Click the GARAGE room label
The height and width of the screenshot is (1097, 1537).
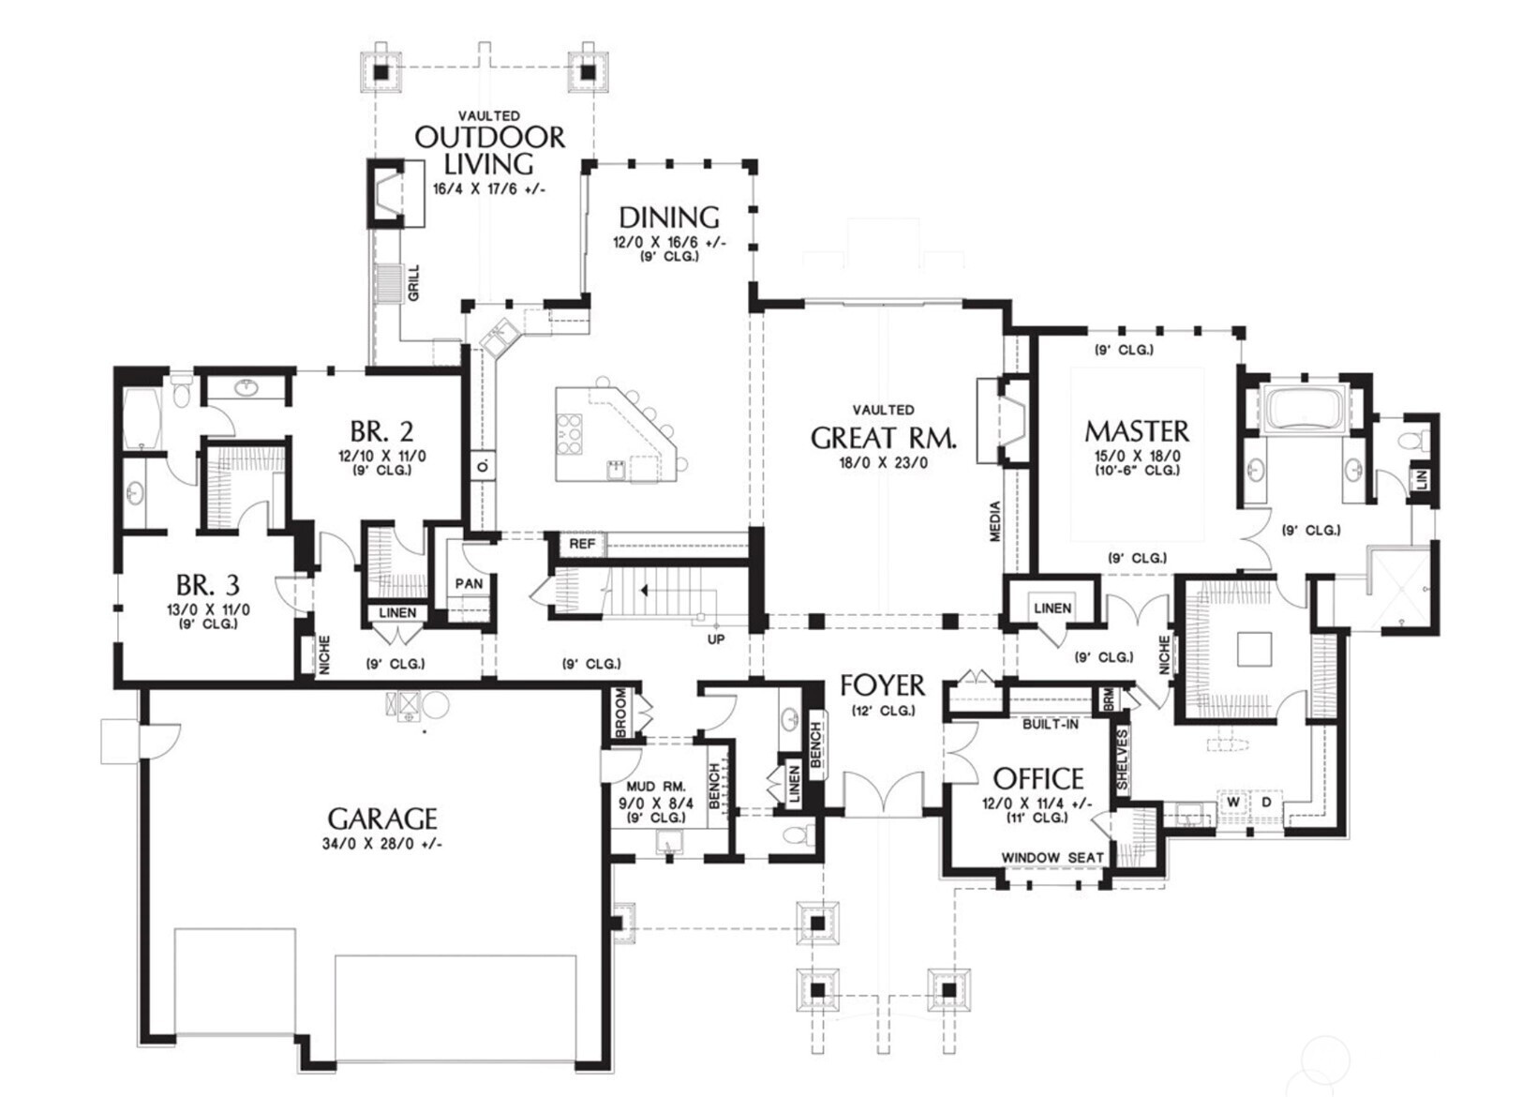382,819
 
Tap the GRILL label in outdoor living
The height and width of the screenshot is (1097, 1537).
413,283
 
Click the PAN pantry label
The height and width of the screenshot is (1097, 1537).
469,583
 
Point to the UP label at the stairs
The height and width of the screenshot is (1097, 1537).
716,639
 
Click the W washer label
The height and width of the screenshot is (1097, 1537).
1233,802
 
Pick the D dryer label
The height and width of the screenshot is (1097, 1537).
1267,802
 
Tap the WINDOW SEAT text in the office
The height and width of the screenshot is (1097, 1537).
1052,857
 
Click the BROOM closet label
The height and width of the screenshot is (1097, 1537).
621,714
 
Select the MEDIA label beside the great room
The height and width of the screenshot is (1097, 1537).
995,521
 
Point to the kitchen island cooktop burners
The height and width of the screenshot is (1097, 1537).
570,434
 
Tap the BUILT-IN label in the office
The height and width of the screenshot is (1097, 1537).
1051,724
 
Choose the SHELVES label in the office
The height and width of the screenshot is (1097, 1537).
1122,759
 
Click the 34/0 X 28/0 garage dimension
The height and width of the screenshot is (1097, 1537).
382,845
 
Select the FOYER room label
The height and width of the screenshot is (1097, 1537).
883,685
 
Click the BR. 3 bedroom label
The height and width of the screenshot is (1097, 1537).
208,585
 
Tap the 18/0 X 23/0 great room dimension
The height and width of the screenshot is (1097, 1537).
883,462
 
